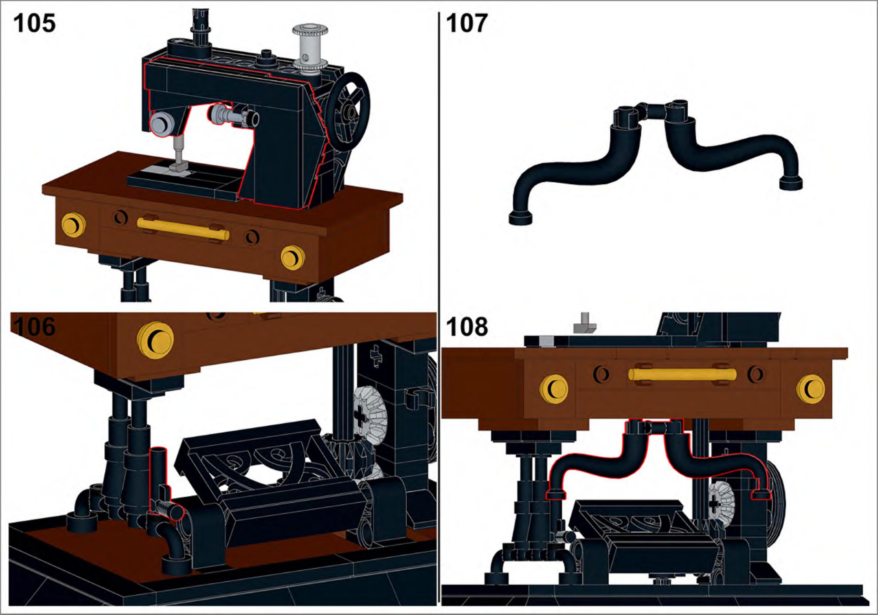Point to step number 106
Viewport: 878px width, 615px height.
point(34,327)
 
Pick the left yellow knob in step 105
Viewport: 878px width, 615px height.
point(74,225)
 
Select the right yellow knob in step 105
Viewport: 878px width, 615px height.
point(293,257)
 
